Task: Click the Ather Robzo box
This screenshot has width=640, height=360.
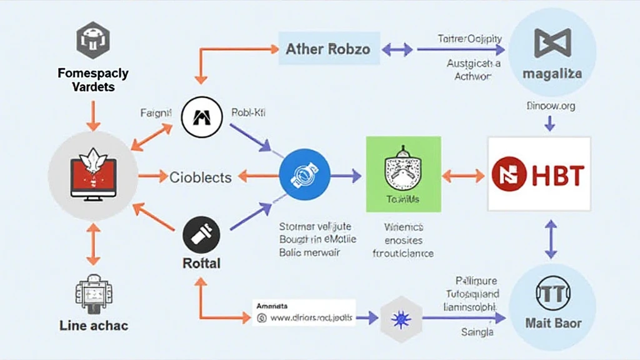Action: [328, 49]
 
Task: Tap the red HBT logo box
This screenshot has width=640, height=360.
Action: [539, 173]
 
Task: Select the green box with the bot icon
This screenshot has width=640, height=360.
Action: [403, 174]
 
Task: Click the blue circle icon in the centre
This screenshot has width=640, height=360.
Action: [304, 177]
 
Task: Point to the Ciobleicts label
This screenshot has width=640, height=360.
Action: [200, 177]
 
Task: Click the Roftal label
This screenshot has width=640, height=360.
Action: [201, 263]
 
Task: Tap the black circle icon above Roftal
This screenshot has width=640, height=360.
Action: [201, 238]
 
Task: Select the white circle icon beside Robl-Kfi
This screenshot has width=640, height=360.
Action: [201, 116]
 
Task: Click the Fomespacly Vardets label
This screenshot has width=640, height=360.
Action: [93, 80]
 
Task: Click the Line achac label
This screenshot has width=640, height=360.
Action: [93, 325]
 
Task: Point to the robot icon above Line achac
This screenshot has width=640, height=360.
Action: [93, 294]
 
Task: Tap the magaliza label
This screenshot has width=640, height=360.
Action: [552, 73]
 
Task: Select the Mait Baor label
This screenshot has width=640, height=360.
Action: [552, 323]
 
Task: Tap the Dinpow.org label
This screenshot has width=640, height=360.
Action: [550, 106]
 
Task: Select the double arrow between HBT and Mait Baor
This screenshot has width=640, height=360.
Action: [551, 239]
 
